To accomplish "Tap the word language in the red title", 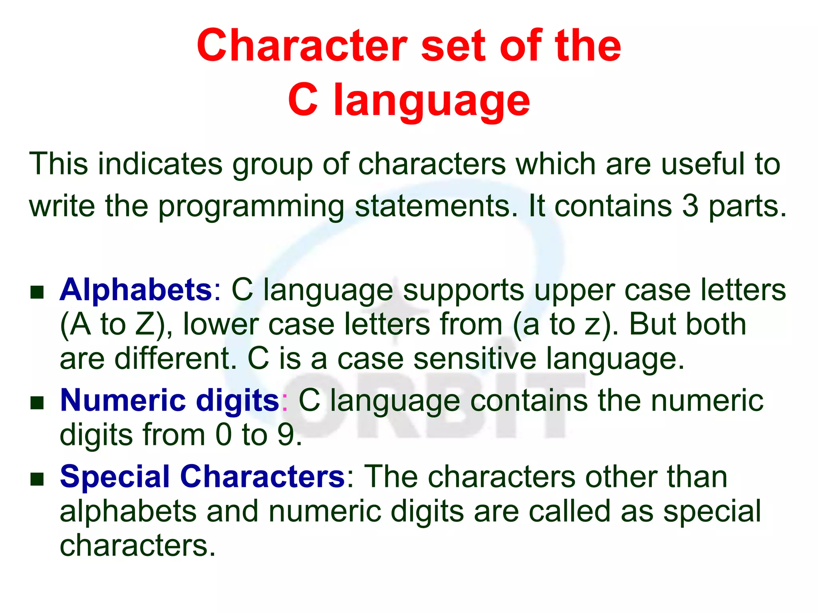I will [431, 101].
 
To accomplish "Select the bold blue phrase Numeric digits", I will [170, 400].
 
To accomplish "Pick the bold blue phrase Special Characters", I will [202, 476].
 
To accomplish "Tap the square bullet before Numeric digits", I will [37, 403].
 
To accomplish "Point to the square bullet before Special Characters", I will [37, 479].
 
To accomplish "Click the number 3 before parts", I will [690, 206].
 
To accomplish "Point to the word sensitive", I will [475, 358].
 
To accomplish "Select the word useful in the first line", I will [703, 164].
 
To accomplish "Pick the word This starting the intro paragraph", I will [58, 164].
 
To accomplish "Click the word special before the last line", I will [712, 511].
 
